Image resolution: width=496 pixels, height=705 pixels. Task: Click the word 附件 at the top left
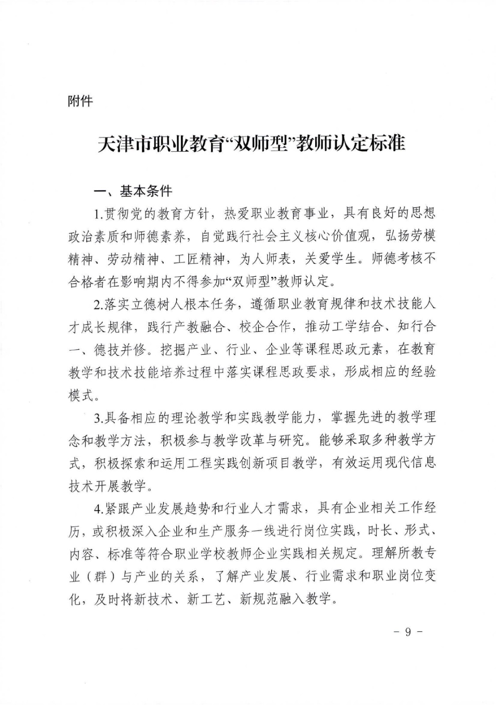point(80,101)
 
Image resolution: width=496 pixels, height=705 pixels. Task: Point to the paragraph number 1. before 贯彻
point(98,214)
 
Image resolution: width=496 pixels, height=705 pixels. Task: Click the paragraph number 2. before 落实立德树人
point(98,304)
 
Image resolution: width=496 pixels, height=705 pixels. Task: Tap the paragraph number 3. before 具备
point(98,417)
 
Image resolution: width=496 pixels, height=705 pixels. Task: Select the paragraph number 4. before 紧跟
point(98,508)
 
